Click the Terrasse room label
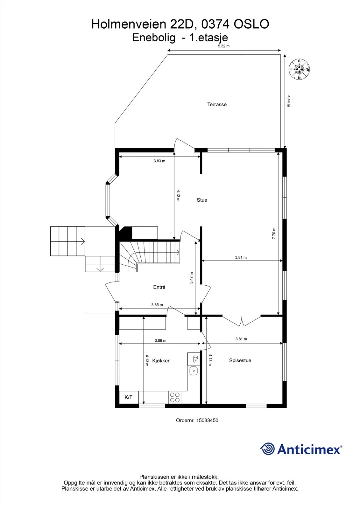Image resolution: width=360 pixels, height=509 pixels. pyautogui.click(x=217, y=105)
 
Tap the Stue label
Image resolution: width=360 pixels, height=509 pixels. pyautogui.click(x=202, y=200)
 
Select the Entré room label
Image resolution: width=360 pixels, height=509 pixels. pyautogui.click(x=159, y=287)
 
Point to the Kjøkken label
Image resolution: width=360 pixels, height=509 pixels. pyautogui.click(x=161, y=361)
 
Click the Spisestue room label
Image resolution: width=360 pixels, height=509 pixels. pyautogui.click(x=240, y=360)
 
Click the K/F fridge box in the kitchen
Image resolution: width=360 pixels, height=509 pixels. pyautogui.click(x=129, y=397)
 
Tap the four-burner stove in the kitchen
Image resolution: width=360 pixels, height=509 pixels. pyautogui.click(x=175, y=397)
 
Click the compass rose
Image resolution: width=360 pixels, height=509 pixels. pyautogui.click(x=299, y=69)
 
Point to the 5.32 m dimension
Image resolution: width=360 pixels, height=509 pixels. pyautogui.click(x=224, y=46)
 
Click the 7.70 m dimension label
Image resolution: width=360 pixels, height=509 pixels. pyautogui.click(x=274, y=234)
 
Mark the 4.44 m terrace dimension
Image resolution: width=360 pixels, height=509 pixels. pyautogui.click(x=289, y=101)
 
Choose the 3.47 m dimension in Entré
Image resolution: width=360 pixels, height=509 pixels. pyautogui.click(x=192, y=278)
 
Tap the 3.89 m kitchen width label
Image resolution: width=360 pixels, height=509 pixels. pyautogui.click(x=160, y=340)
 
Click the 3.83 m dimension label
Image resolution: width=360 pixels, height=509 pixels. pyautogui.click(x=159, y=161)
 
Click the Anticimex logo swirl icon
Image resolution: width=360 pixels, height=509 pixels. pyautogui.click(x=267, y=449)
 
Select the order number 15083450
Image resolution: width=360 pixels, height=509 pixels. pyautogui.click(x=207, y=420)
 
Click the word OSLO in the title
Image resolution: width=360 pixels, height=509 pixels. pyautogui.click(x=251, y=24)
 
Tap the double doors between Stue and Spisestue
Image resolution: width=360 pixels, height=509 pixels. pyautogui.click(x=242, y=320)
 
